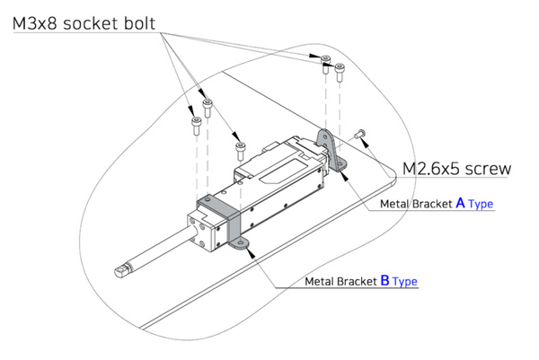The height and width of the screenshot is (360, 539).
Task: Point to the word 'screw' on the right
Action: tap(490, 168)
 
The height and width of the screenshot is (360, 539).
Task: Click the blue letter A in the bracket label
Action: tap(461, 204)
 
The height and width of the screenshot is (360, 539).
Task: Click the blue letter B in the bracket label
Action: tap(384, 281)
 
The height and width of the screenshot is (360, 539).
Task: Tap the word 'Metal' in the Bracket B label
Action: tap(321, 282)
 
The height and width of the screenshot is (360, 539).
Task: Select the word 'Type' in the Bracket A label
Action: tap(482, 205)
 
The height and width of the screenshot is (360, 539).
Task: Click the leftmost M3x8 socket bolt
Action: tap(195, 125)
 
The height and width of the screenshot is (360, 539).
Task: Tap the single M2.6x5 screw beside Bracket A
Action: tap(361, 134)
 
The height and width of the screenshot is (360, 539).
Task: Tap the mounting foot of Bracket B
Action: tap(239, 243)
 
